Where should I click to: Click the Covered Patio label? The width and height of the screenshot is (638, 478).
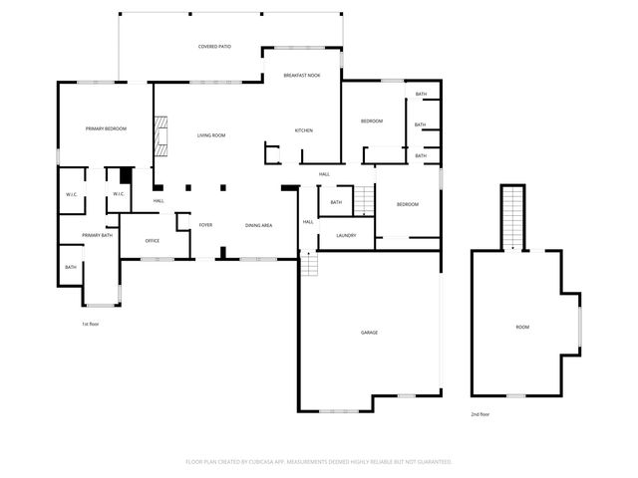point(214,47)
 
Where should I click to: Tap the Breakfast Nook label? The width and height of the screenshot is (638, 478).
point(301,76)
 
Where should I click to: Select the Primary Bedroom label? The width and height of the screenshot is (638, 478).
point(105,129)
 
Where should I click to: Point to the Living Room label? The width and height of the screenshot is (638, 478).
point(210,135)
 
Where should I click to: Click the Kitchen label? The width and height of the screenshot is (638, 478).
point(304,130)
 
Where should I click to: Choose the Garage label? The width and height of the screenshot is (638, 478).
point(369,332)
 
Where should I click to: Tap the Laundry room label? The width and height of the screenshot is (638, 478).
point(346,235)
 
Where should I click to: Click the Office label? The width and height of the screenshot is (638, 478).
point(153,241)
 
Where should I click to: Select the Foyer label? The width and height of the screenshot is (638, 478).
point(205,226)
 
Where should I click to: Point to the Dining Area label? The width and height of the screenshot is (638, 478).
point(259,226)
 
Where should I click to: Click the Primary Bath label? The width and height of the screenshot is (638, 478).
point(98,235)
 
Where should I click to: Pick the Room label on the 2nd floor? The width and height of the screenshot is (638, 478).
point(522,327)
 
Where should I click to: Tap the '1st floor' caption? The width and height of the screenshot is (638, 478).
point(91,324)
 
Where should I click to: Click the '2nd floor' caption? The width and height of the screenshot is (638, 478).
point(479,413)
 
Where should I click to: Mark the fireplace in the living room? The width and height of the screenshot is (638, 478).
point(159,136)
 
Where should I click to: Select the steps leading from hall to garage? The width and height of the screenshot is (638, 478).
point(309,265)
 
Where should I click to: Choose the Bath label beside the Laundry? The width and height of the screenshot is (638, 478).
point(336,202)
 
